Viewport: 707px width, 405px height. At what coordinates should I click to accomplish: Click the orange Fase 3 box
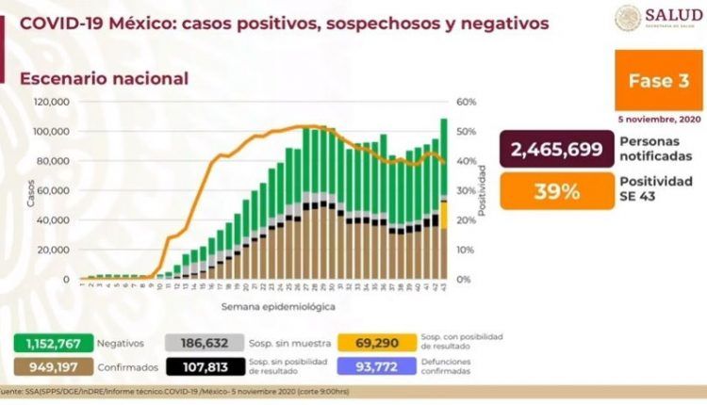point(651,82)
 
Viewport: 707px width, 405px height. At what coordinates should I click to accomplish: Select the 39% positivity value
point(555,191)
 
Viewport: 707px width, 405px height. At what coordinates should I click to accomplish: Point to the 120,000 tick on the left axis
point(52,102)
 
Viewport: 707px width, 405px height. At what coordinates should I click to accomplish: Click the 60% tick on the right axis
point(466,102)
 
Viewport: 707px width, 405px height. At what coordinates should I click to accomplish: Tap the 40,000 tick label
point(54,220)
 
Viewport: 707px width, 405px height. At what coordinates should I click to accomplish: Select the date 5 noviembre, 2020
point(653,120)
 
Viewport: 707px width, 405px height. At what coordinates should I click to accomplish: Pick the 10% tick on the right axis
point(466,250)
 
